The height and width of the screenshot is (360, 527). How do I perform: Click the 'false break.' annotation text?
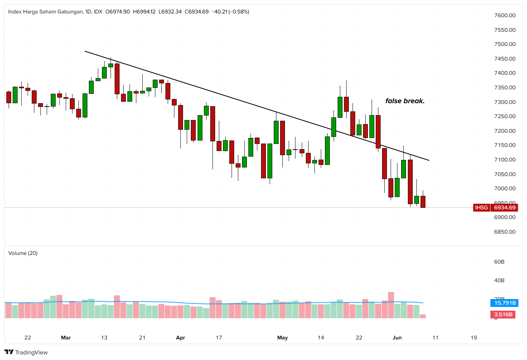pyautogui.click(x=405, y=101)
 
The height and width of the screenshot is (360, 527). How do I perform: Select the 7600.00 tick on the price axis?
pyautogui.click(x=505, y=15)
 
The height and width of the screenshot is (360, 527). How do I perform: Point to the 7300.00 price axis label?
pyautogui.click(x=505, y=102)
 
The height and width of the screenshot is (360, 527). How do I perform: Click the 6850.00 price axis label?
pyautogui.click(x=505, y=232)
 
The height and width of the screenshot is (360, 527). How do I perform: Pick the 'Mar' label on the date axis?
pyautogui.click(x=66, y=338)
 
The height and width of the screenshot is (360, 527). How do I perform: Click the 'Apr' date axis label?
pyautogui.click(x=180, y=338)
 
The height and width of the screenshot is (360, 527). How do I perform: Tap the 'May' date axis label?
pyautogui.click(x=282, y=338)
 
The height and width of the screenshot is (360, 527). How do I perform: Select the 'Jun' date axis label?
pyautogui.click(x=397, y=338)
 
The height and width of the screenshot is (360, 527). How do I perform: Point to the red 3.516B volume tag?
pyautogui.click(x=503, y=314)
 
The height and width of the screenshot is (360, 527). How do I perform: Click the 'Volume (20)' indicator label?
pyautogui.click(x=23, y=253)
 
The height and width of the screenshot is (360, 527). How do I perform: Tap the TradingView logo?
pyautogui.click(x=26, y=352)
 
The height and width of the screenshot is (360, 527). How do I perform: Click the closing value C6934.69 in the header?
pyautogui.click(x=196, y=12)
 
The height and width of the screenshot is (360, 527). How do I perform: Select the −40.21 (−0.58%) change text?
pyautogui.click(x=230, y=12)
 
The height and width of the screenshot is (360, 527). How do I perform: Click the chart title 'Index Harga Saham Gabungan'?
pyautogui.click(x=45, y=12)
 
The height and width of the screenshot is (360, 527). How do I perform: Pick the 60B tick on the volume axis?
pyautogui.click(x=499, y=262)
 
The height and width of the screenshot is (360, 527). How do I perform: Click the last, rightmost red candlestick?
pyautogui.click(x=423, y=202)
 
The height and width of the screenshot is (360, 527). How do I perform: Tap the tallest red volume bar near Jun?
pyautogui.click(x=391, y=305)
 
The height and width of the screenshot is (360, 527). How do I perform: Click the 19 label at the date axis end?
pyautogui.click(x=474, y=338)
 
